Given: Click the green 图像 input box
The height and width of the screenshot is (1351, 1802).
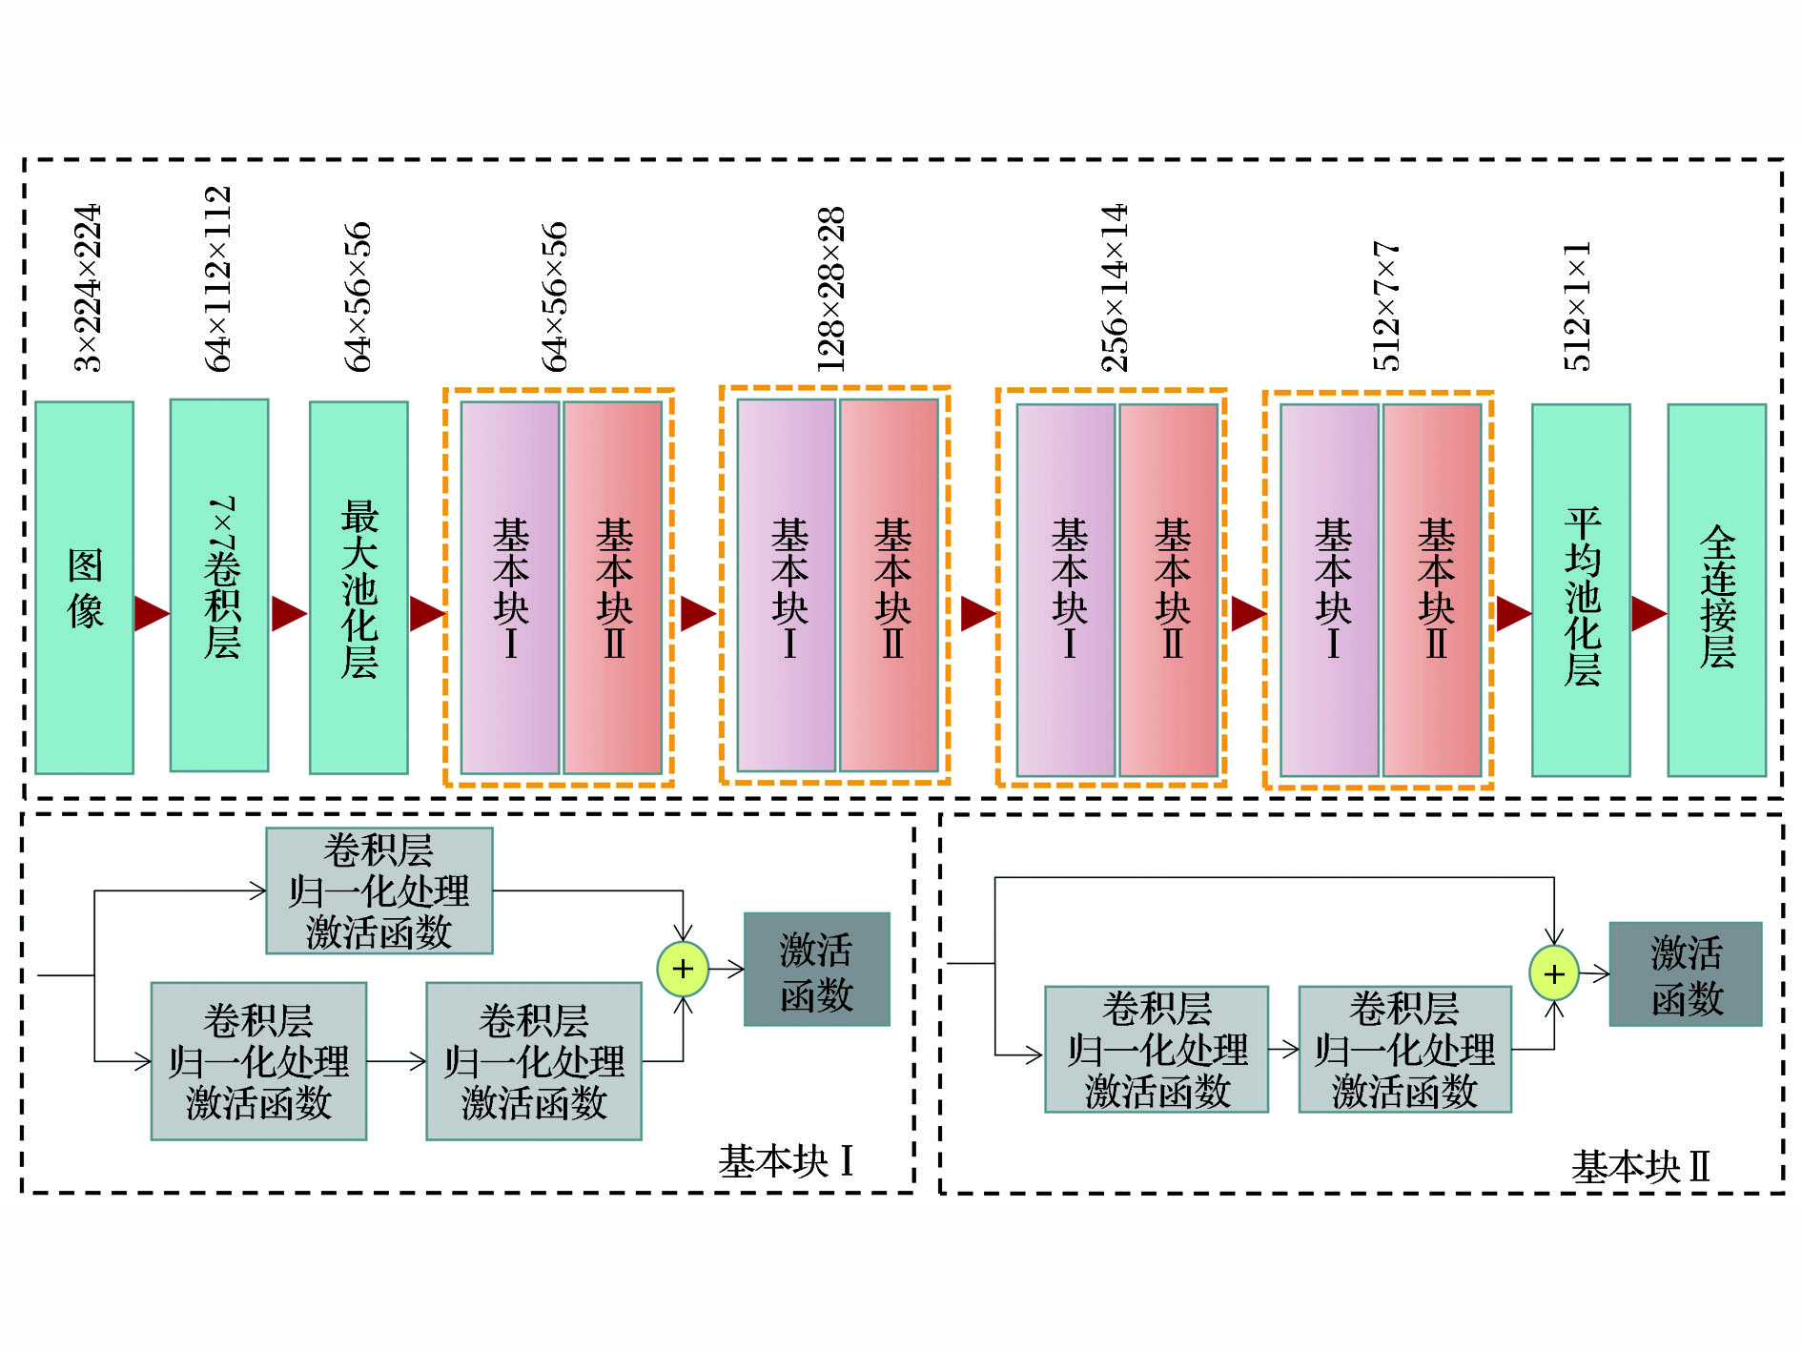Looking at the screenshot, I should tap(84, 587).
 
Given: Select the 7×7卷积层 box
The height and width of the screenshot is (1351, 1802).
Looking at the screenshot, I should tap(219, 584).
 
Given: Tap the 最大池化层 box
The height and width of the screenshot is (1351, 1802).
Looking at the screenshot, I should tap(358, 587).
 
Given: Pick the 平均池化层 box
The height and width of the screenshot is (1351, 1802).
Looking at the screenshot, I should tap(1581, 590).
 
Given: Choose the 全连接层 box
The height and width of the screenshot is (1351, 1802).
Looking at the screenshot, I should tap(1716, 590).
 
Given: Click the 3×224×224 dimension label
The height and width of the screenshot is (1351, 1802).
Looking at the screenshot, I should tap(87, 287).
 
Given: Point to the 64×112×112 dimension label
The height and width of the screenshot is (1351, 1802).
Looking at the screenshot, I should tap(218, 278).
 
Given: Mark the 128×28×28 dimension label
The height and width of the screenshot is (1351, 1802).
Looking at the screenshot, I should tap(831, 288).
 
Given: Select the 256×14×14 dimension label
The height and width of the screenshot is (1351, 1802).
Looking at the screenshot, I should tap(1114, 287).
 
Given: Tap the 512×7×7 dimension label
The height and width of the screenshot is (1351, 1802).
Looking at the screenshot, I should tap(1385, 305).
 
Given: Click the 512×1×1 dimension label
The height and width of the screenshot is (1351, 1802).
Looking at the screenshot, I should tap(1577, 305).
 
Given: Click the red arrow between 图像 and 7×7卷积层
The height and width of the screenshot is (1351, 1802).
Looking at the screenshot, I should tap(151, 613).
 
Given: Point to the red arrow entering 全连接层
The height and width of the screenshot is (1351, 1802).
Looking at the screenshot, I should tap(1648, 613).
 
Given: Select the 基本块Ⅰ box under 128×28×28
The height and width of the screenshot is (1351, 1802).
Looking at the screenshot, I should tap(787, 585).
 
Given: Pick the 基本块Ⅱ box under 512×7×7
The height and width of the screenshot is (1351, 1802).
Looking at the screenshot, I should tap(1432, 590).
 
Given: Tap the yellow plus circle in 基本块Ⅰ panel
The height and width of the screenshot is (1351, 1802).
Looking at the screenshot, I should tap(683, 969).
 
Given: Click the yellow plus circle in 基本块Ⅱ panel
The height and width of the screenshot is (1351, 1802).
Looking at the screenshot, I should tap(1554, 973).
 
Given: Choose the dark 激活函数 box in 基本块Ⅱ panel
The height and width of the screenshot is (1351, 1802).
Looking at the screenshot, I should tap(1686, 973).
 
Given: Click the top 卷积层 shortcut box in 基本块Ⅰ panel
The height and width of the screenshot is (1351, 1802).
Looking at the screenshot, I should tap(379, 890).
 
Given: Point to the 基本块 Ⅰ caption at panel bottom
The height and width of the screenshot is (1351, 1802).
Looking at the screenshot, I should tap(786, 1161).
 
